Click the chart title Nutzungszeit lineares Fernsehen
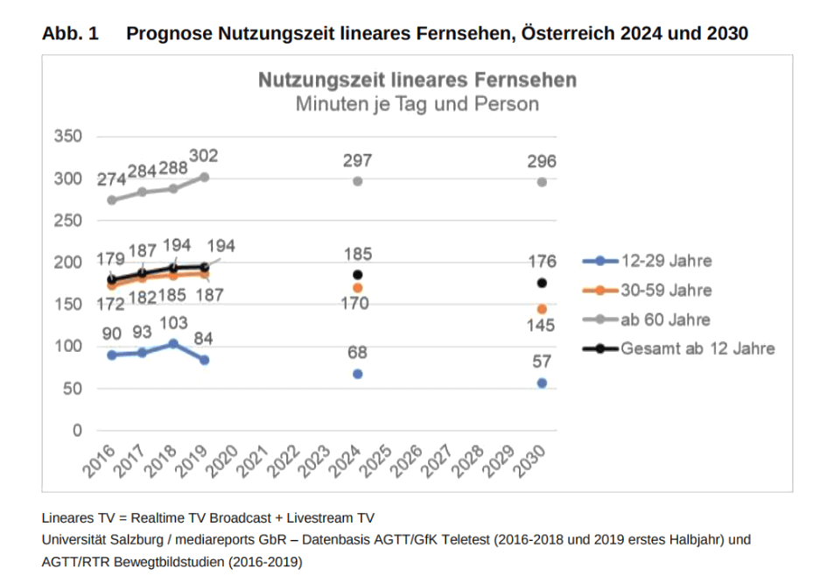417,81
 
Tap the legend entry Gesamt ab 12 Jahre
697,348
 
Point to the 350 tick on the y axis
67,137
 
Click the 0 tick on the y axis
76,431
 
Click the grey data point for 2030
542,182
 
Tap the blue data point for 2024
357,374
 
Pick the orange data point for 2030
542,309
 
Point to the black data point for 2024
357,275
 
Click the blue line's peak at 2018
173,344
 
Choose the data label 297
357,160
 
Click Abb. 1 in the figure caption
70,34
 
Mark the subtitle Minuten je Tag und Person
417,104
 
